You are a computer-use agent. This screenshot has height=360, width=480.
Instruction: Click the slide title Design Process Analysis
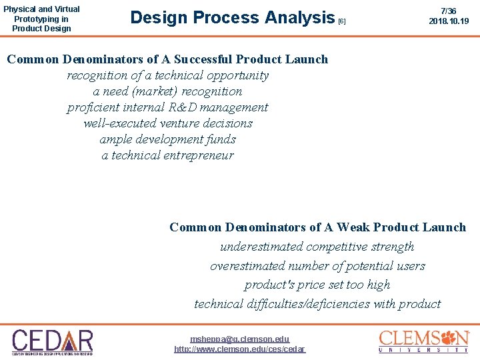click(x=232, y=18)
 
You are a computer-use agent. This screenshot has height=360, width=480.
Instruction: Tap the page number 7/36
click(x=449, y=11)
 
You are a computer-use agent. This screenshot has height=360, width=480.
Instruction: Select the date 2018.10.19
click(x=449, y=21)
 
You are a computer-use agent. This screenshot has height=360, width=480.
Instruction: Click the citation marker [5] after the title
click(x=342, y=21)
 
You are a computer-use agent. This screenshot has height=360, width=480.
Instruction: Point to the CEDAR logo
click(x=53, y=342)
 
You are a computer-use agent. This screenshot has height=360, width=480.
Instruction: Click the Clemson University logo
click(x=424, y=341)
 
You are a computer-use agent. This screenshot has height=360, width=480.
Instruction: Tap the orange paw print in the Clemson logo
click(x=459, y=337)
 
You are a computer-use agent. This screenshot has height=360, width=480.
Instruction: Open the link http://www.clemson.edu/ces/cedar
click(x=240, y=349)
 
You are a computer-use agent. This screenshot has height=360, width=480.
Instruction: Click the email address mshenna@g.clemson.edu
click(x=240, y=339)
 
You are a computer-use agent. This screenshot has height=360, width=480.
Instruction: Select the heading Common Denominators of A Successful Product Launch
click(x=167, y=59)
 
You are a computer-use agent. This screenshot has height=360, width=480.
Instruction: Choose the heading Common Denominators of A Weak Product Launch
click(x=317, y=227)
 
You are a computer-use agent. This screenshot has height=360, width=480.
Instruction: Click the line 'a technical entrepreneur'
click(x=167, y=155)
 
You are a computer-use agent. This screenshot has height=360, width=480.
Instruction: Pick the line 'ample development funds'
click(x=167, y=139)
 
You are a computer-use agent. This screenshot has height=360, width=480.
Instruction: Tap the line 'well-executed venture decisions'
click(x=167, y=123)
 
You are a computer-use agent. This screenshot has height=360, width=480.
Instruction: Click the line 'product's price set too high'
click(x=317, y=285)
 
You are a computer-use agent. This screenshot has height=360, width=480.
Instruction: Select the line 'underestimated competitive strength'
click(x=317, y=247)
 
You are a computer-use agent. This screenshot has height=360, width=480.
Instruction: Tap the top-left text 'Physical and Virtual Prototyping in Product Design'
click(x=41, y=19)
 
